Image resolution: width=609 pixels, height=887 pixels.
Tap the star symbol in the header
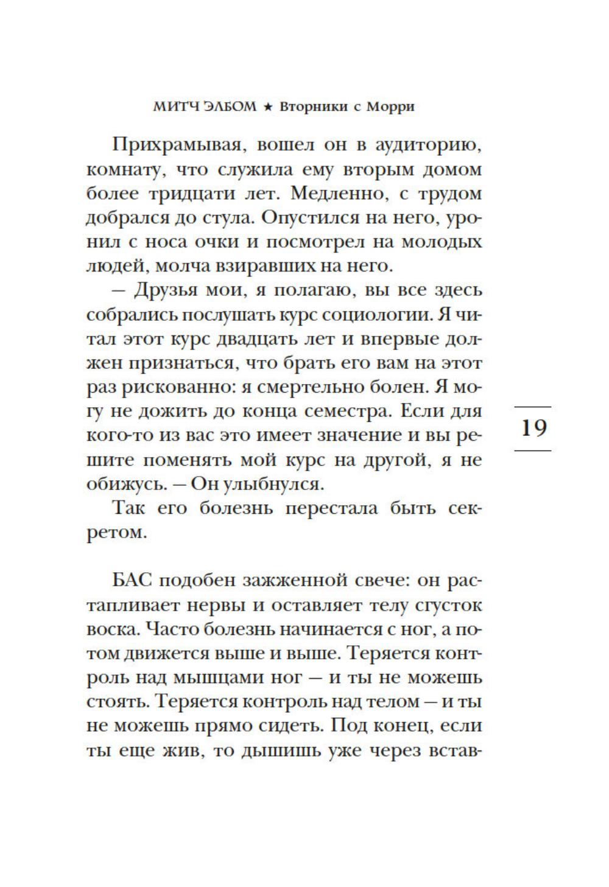266,108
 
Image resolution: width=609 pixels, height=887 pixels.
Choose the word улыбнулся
289,484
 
